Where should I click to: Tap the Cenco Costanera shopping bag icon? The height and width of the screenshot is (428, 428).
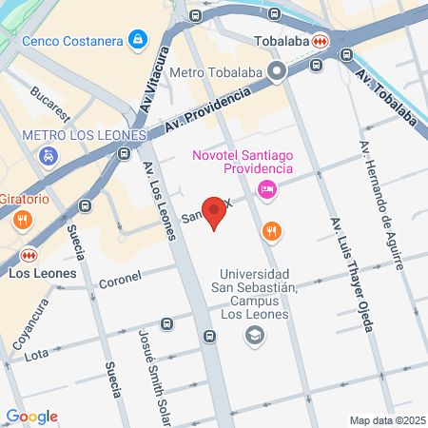tap(139, 39)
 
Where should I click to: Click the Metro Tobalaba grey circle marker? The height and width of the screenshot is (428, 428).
tap(277, 71)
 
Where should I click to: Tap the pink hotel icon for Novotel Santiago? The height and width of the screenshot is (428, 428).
tap(267, 190)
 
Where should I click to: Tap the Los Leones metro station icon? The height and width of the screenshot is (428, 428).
tap(29, 255)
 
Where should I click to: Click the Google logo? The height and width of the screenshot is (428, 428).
tap(31, 416)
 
